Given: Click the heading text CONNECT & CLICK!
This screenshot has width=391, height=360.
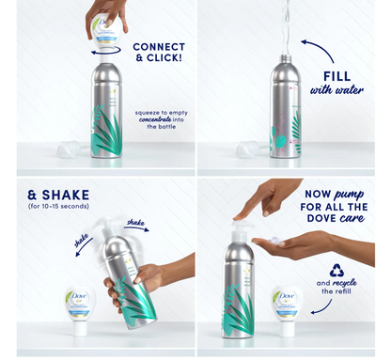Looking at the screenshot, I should pos(158,53).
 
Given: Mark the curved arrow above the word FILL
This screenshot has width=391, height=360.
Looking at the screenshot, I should pos(318,48).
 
